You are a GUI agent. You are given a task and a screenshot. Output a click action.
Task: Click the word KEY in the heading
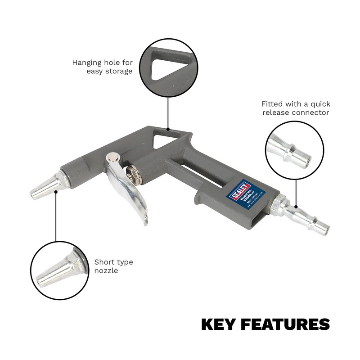pyautogui.click(x=218, y=324)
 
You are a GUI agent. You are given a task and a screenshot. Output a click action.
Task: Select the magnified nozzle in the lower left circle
pyautogui.click(x=58, y=270)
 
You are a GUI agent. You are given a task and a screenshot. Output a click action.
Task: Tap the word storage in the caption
pyautogui.click(x=120, y=71)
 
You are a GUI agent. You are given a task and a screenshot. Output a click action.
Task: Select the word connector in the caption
pyautogui.click(x=310, y=112)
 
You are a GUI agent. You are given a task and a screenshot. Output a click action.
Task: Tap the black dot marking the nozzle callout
pyautogui.click(x=55, y=192)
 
